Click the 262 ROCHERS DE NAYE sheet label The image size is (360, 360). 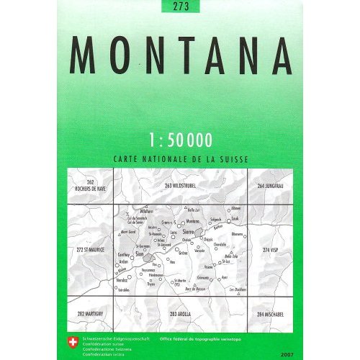click(x=90, y=184)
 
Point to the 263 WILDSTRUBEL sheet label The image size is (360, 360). click(x=180, y=186)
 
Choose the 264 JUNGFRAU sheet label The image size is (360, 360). click(x=271, y=186)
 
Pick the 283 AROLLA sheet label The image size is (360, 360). click(x=180, y=315)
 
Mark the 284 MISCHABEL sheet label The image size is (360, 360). click(x=271, y=315)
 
